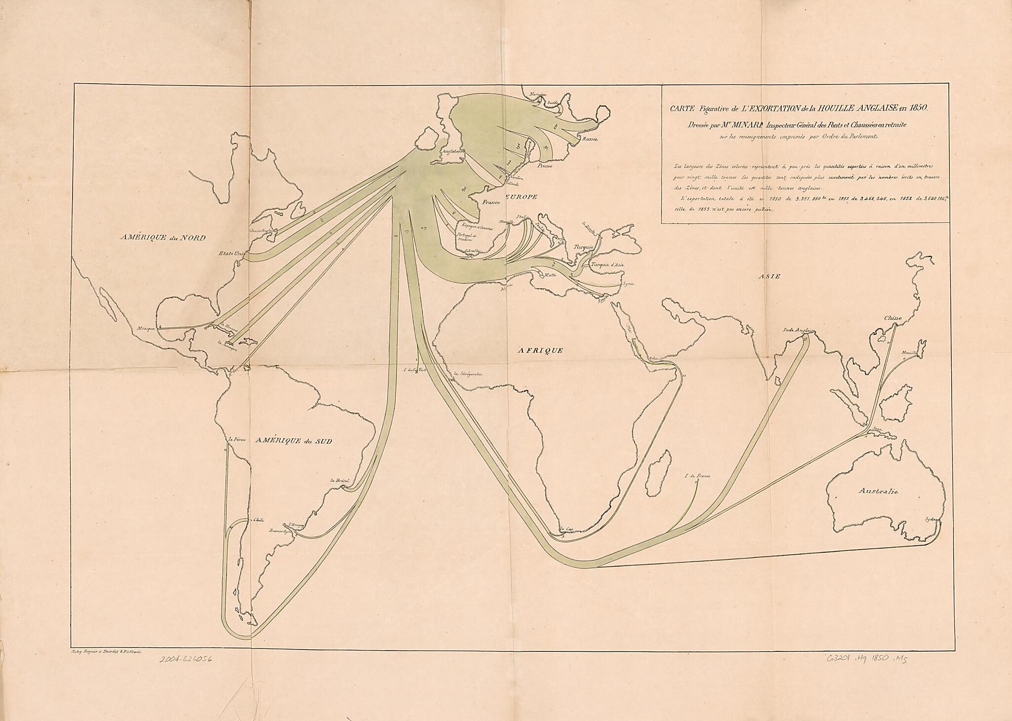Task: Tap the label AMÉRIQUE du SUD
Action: coord(294,441)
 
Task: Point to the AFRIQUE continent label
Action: coord(540,350)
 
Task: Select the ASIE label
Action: coord(770,277)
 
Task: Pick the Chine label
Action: coord(893,318)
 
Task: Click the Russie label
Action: coord(590,139)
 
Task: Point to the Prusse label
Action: coord(546,167)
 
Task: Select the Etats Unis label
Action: coord(231,254)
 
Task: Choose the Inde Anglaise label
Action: coord(799,330)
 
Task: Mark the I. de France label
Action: coord(697,476)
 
